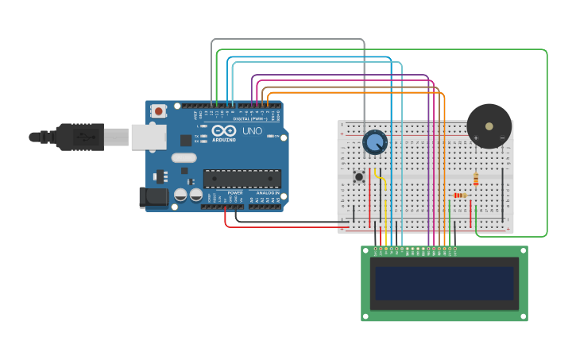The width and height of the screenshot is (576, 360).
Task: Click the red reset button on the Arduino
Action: coord(159,111)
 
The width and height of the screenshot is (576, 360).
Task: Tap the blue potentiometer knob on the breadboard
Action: coord(374,142)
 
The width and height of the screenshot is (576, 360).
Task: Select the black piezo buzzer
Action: coord(489,126)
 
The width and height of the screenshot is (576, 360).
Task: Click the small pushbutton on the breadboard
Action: coord(359,176)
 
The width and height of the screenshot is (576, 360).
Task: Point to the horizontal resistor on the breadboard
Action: coord(459,195)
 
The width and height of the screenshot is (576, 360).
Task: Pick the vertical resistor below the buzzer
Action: coord(476,180)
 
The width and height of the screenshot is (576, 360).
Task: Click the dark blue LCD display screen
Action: coord(444,283)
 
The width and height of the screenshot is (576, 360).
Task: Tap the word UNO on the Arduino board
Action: coord(252,131)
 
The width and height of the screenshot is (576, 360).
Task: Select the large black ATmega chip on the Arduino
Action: coord(242,179)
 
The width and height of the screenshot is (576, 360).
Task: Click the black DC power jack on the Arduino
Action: coord(154,197)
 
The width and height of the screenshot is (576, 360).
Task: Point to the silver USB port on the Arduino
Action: coord(148,137)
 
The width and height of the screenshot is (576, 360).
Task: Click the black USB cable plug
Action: coord(79,137)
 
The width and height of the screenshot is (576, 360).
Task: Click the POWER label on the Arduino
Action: coord(235,193)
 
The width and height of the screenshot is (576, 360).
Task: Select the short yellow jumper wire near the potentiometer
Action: coord(381,180)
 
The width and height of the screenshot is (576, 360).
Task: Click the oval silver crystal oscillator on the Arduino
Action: coord(184,170)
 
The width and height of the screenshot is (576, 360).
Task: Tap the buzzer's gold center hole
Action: coord(489,125)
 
